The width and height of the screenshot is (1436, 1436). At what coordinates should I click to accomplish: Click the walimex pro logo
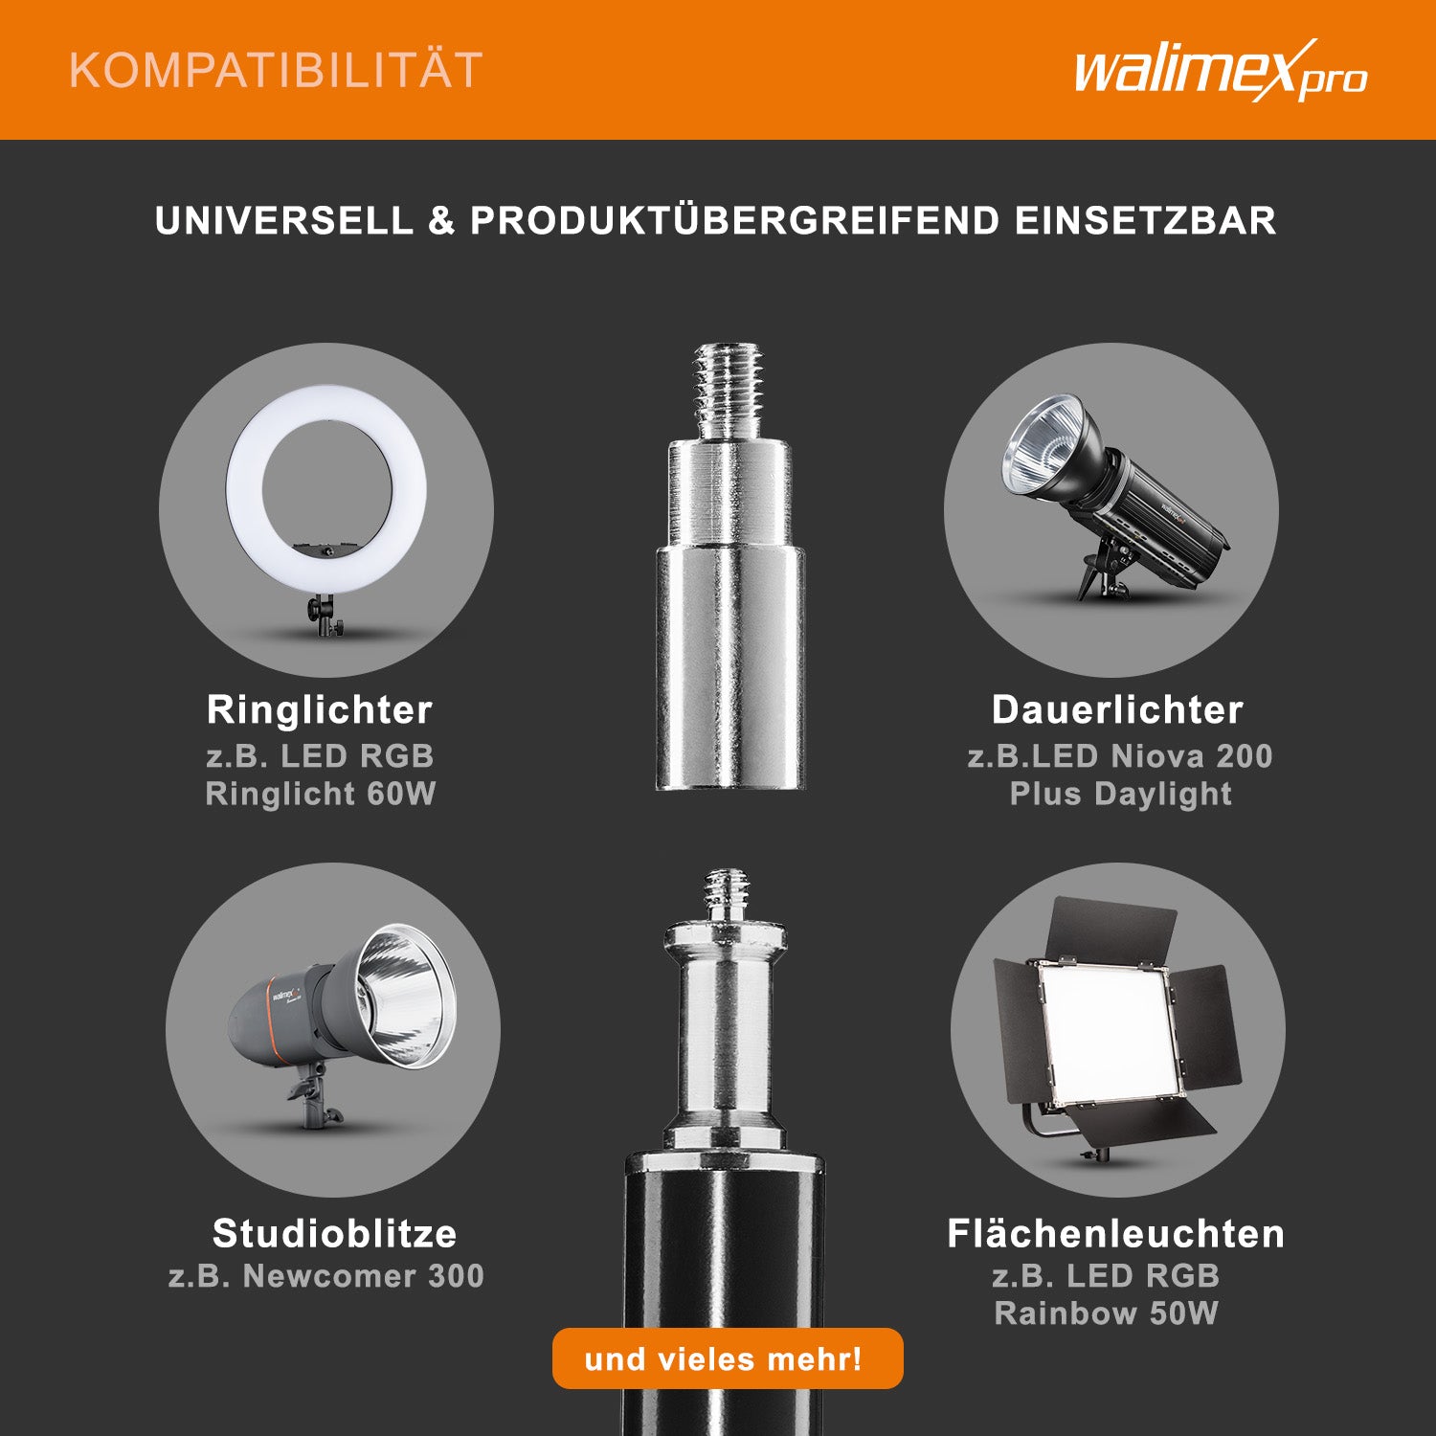point(1221,71)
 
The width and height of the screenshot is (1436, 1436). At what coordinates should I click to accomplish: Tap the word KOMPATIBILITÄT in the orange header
point(276,71)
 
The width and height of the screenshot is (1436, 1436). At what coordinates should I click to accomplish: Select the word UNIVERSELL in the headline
point(284,221)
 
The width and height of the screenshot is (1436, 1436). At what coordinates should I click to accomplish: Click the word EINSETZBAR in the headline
point(1145,221)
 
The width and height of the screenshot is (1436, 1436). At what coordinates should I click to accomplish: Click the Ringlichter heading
point(320,710)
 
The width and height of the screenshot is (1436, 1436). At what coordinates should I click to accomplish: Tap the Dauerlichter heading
point(1117,710)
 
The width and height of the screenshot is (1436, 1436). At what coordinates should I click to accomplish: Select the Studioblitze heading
point(334,1233)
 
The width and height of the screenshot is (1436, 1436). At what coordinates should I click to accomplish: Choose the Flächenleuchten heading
point(1115,1233)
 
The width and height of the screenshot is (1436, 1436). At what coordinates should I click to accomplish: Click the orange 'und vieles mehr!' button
point(728,1358)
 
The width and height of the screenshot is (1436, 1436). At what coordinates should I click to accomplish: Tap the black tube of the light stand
point(724,1302)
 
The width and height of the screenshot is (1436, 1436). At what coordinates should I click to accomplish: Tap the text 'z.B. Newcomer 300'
point(325,1276)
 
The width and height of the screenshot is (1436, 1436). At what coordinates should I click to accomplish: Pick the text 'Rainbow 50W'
point(1106,1313)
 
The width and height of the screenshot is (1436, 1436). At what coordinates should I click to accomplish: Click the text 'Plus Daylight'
point(1120,795)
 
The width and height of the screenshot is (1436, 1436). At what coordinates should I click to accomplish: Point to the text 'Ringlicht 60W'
point(321,794)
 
